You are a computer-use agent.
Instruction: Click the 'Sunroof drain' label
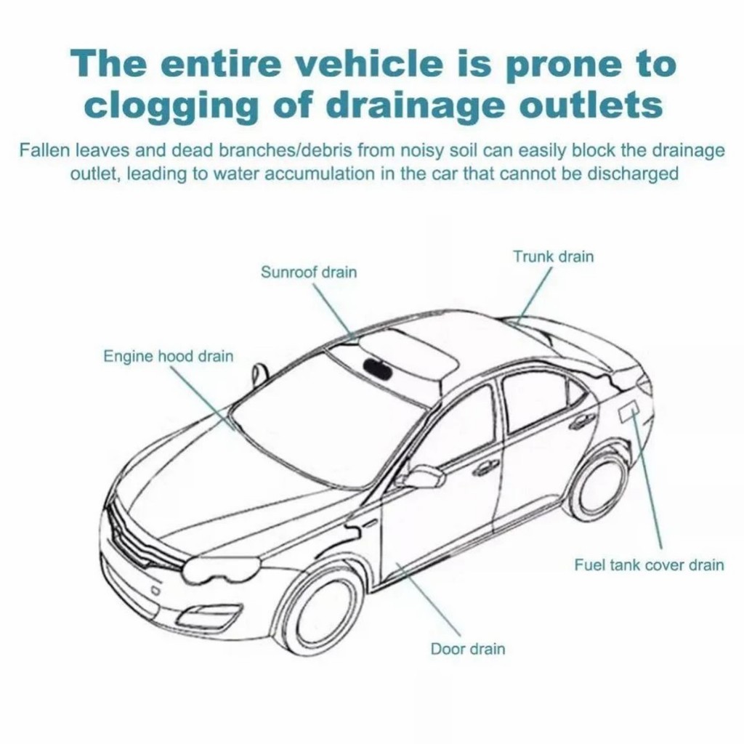coord(308,272)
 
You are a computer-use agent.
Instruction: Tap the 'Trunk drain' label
coord(553,256)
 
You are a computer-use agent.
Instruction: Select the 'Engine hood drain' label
coord(169,356)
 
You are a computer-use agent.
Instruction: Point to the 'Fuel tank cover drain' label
coord(649,565)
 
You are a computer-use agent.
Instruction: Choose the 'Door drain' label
coord(468,649)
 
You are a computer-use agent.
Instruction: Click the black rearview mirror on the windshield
coord(376,365)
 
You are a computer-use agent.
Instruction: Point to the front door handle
coord(485,467)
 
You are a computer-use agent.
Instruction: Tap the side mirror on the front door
coord(421,477)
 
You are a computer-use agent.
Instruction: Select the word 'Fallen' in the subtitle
coord(44,151)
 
